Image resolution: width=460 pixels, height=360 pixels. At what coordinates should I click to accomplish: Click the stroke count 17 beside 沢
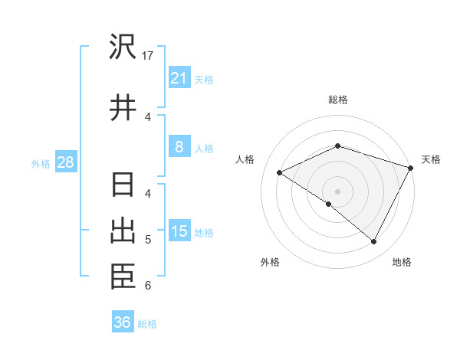(149, 56)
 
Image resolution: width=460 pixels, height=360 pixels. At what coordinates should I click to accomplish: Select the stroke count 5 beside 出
(148, 240)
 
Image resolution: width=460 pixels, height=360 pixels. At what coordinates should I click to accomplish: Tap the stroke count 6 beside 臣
(148, 286)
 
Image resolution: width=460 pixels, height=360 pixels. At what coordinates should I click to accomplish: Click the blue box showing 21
(179, 78)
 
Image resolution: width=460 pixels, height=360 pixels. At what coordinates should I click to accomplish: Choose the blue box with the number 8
(179, 147)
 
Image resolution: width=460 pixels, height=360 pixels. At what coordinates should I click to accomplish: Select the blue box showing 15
(179, 231)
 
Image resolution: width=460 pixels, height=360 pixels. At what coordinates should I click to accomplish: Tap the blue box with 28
(66, 162)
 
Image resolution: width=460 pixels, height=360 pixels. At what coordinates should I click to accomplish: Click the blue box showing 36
(123, 322)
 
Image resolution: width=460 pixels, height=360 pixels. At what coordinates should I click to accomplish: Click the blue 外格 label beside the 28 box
(41, 163)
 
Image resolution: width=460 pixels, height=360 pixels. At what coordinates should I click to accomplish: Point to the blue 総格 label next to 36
(148, 324)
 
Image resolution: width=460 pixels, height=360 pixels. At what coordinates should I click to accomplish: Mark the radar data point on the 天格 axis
(412, 167)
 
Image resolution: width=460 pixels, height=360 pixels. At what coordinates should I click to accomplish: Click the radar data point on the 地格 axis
(374, 241)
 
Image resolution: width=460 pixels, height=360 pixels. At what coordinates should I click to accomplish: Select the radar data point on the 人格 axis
(280, 172)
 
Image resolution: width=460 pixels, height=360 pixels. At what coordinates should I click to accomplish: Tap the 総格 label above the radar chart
(337, 100)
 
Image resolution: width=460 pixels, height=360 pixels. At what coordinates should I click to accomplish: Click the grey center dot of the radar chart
(337, 191)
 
